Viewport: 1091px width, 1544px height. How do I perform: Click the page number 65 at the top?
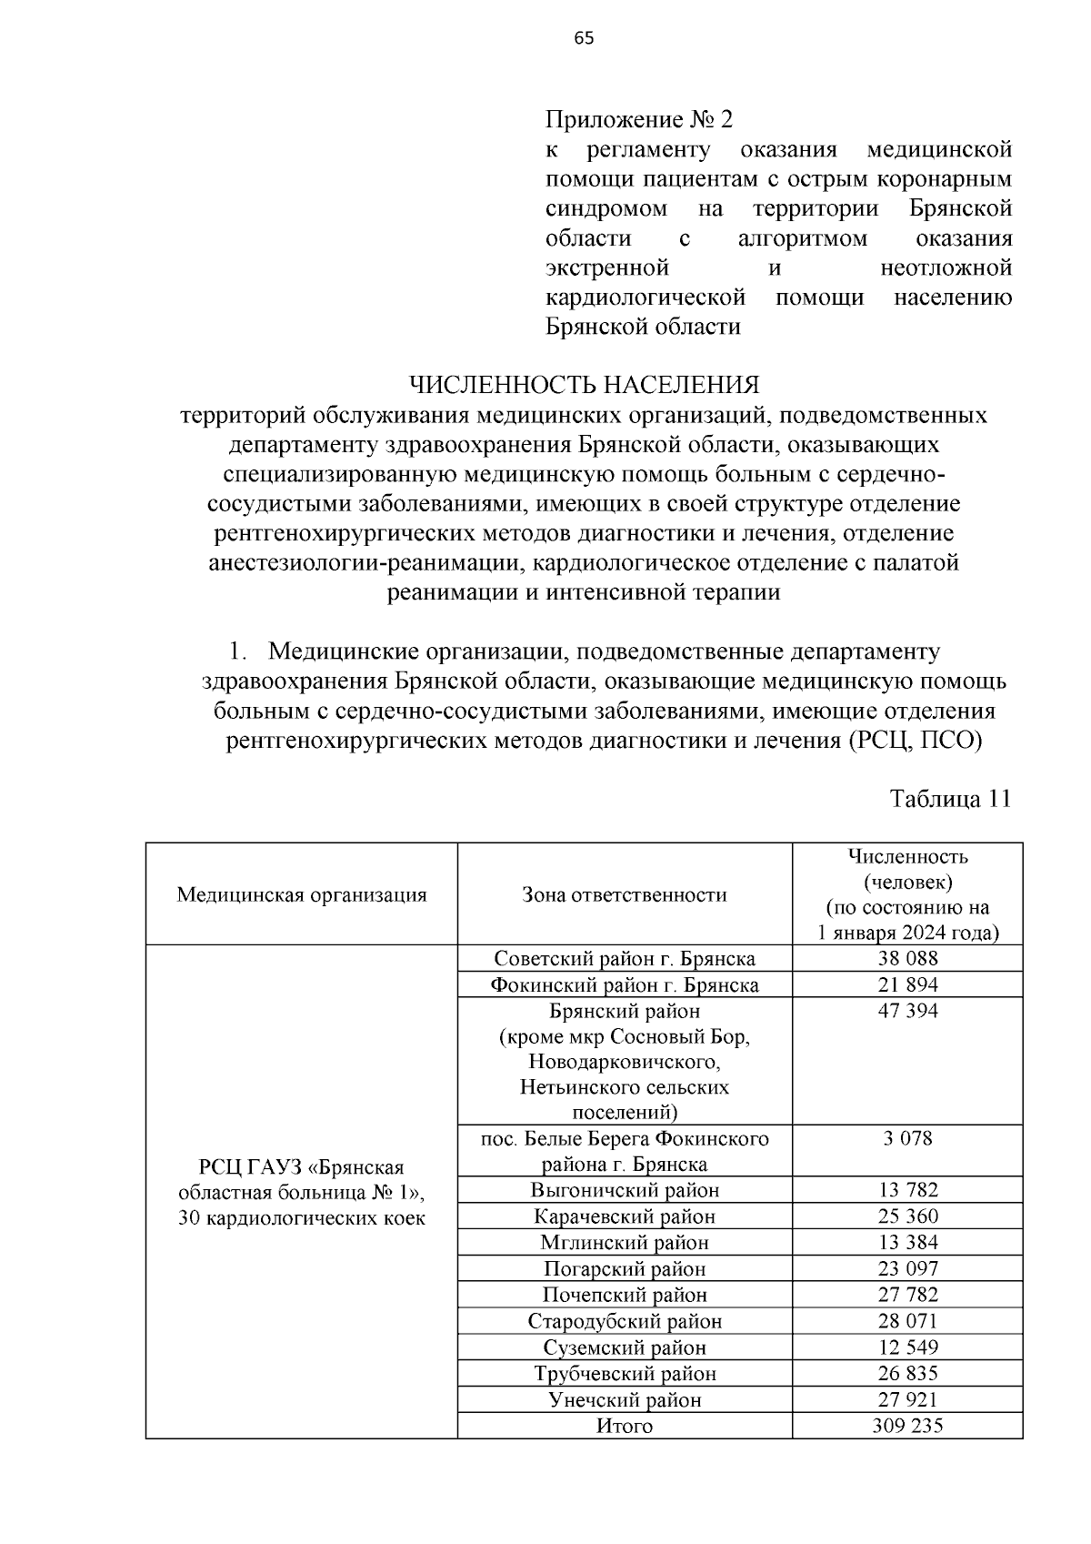[584, 37]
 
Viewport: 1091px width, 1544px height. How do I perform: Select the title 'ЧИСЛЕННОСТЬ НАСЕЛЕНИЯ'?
[584, 385]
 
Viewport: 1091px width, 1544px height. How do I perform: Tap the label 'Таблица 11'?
[950, 799]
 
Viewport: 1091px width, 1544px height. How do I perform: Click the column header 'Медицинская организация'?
[302, 894]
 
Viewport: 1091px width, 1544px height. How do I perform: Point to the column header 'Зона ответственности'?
[625, 894]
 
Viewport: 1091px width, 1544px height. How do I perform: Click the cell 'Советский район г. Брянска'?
[625, 958]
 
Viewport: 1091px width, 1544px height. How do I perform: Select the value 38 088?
[907, 958]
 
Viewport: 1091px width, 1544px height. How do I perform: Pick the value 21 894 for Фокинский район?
[907, 984]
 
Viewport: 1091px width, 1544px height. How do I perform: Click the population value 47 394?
[907, 1011]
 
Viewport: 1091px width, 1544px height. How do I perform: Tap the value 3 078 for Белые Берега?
[907, 1138]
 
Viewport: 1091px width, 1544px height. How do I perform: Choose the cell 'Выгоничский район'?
[625, 1190]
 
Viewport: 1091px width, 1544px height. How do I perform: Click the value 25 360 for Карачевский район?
[907, 1216]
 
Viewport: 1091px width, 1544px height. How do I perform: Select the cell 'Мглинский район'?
[625, 1243]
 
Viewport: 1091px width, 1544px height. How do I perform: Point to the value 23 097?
[907, 1269]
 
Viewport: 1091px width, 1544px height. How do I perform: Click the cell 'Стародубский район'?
[625, 1321]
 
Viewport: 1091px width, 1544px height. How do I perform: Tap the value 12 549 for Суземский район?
[907, 1347]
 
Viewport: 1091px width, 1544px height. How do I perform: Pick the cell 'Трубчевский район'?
[625, 1374]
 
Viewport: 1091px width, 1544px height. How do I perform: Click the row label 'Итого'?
[625, 1427]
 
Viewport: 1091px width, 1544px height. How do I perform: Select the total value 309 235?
[907, 1427]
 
